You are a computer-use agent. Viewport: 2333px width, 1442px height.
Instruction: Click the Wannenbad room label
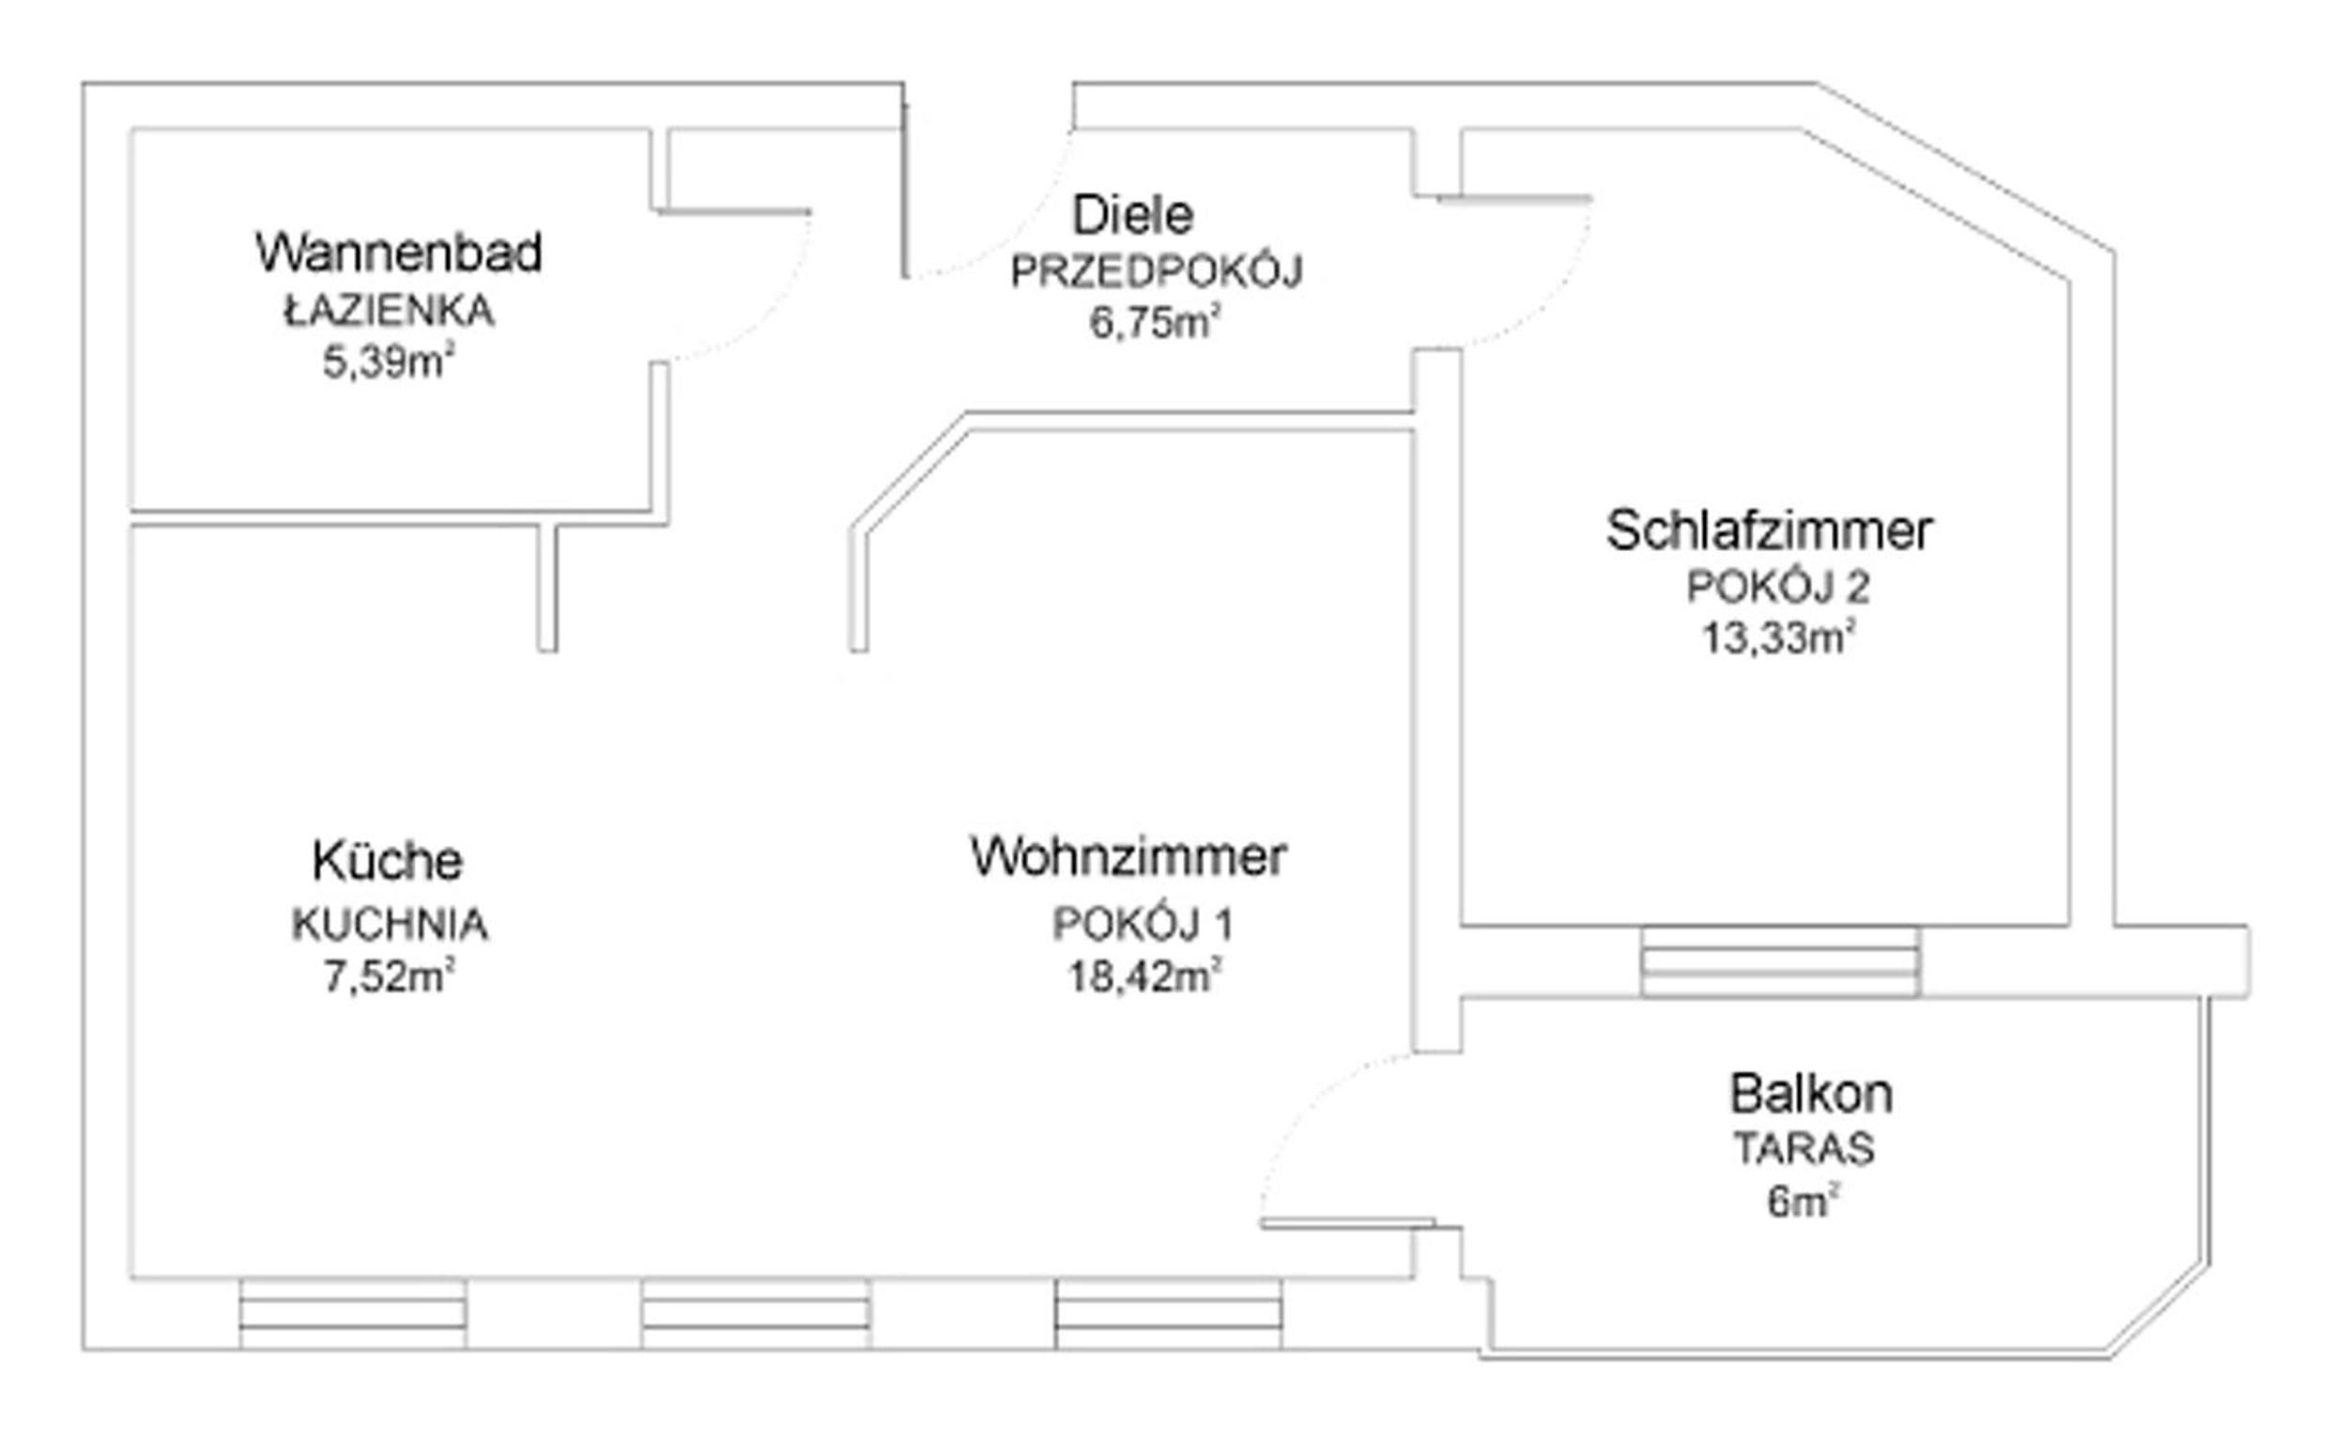pyautogui.click(x=399, y=253)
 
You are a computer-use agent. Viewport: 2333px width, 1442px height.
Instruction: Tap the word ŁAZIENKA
pyautogui.click(x=390, y=311)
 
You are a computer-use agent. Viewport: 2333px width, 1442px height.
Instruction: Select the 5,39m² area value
pyautogui.click(x=388, y=361)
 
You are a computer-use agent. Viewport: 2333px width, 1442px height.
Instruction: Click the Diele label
pyautogui.click(x=1132, y=215)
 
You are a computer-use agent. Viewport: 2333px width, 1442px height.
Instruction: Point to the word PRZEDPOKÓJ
pyautogui.click(x=1156, y=272)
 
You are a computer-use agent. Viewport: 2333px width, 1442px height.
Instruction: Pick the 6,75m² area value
pyautogui.click(x=1155, y=322)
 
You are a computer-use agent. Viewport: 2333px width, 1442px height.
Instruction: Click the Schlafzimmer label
pyautogui.click(x=1770, y=530)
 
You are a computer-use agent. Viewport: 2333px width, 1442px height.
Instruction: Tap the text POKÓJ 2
pyautogui.click(x=1778, y=587)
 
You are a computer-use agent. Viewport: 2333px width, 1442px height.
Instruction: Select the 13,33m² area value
pyautogui.click(x=1779, y=637)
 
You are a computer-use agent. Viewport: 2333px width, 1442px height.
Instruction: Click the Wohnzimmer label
pyautogui.click(x=1128, y=856)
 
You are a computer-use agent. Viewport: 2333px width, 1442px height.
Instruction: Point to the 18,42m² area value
pyautogui.click(x=1144, y=975)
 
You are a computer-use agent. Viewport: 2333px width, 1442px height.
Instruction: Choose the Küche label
pyautogui.click(x=387, y=860)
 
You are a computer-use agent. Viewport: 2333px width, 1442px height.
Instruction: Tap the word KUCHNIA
pyautogui.click(x=390, y=924)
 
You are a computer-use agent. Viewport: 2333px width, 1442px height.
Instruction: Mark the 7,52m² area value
pyautogui.click(x=388, y=975)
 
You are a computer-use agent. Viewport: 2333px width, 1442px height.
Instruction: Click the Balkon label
pyautogui.click(x=1811, y=1093)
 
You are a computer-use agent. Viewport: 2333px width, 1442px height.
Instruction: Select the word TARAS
pyautogui.click(x=1803, y=1148)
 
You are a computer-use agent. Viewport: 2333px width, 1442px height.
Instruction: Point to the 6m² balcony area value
pyautogui.click(x=1802, y=1201)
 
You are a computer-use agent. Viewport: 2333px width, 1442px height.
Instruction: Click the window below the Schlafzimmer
pyautogui.click(x=1780, y=961)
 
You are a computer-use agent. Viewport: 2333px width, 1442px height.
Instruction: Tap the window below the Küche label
pyautogui.click(x=353, y=1313)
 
